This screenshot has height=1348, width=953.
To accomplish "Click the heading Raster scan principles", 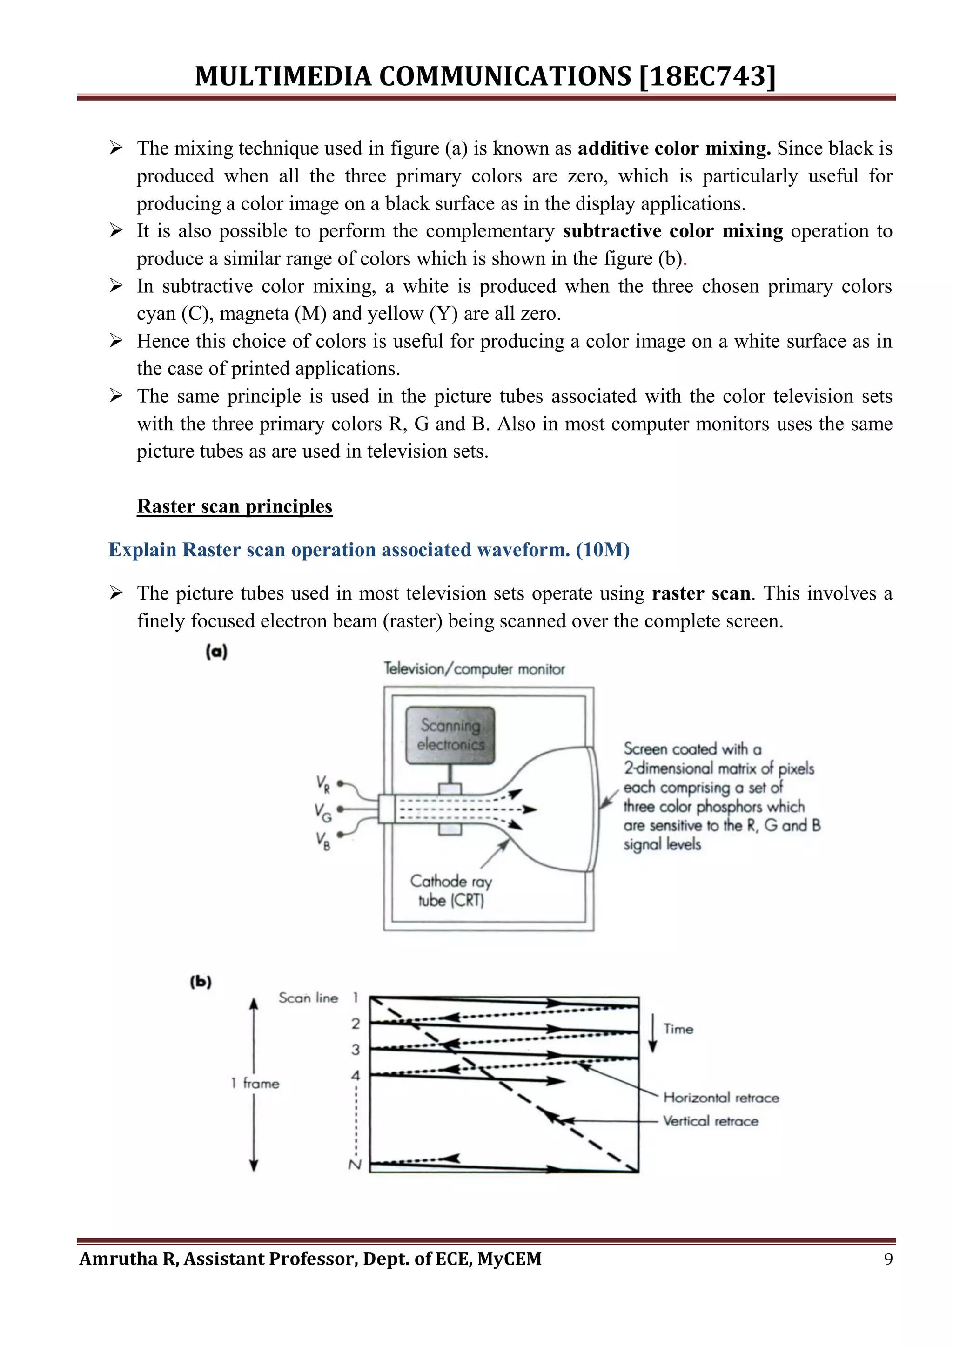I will [235, 506].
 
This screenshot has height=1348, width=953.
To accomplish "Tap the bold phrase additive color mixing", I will [674, 148].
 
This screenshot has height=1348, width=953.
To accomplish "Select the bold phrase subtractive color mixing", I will [672, 231].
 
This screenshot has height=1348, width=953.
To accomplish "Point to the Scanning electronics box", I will [450, 735].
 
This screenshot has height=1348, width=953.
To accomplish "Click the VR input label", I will [323, 784].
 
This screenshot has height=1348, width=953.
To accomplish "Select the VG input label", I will [323, 813].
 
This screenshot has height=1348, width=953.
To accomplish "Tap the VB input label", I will [323, 841].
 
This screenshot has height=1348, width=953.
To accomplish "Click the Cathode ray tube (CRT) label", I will [451, 890].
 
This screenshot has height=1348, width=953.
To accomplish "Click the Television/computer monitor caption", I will [474, 669].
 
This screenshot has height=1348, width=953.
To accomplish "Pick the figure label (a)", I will [216, 652].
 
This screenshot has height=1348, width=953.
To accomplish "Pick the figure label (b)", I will [201, 982].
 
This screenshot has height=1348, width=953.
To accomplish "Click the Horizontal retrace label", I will [721, 1097].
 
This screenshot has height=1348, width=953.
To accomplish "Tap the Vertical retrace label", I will [711, 1121].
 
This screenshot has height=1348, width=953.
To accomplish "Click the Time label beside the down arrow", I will [678, 1029].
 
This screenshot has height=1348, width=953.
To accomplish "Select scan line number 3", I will [356, 1049].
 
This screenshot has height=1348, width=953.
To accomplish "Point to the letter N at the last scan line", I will [355, 1164].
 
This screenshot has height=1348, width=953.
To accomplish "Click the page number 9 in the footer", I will [888, 1259].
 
